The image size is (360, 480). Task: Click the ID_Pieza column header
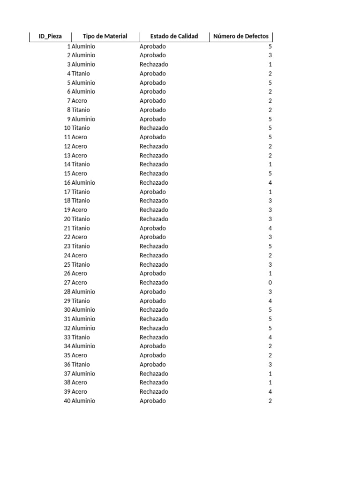point(50,37)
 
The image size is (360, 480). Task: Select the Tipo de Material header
point(105,37)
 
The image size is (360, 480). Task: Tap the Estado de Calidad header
point(174,37)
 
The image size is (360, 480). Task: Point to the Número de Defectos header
point(241,37)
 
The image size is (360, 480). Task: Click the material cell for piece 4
point(81,74)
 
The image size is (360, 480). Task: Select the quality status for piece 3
point(154,64)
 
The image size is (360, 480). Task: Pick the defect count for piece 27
point(270,283)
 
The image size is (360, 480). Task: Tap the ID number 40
point(67,401)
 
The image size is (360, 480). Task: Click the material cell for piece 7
point(79,101)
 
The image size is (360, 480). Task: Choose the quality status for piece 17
point(153,192)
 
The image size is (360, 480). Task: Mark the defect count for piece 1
point(270,46)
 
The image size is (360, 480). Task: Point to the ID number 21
point(67,228)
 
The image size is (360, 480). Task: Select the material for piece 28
point(83,292)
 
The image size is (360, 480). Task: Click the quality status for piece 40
point(153,401)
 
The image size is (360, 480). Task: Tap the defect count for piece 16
point(270,183)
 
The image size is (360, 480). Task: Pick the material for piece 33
point(81,337)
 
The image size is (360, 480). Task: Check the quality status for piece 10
point(154,128)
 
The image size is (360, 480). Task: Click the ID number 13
point(67,156)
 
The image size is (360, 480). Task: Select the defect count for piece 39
point(270,392)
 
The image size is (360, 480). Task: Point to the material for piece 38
point(79,382)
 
